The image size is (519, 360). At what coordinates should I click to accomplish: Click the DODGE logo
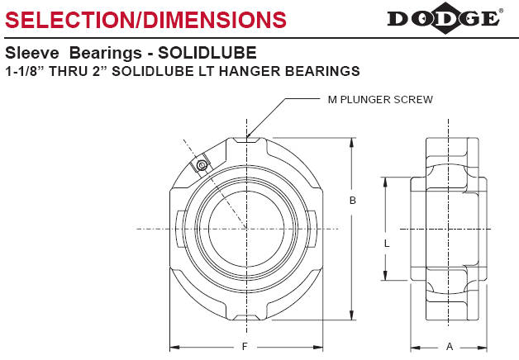tap(443, 17)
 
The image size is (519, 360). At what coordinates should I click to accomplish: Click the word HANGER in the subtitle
tap(258, 72)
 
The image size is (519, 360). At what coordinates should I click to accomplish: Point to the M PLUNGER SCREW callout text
tap(381, 100)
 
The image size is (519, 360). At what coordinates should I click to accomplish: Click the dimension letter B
tap(354, 201)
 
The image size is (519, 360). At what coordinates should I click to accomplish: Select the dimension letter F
tap(245, 346)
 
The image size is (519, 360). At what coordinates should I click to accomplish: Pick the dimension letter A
tap(449, 346)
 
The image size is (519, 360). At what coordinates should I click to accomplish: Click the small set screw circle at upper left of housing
tap(200, 168)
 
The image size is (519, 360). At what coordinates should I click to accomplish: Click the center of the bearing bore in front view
tap(245, 228)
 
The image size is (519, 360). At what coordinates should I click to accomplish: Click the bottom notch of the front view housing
tap(245, 318)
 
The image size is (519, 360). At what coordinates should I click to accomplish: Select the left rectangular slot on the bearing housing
tap(179, 228)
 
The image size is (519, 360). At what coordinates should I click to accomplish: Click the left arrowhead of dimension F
tap(174, 346)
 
